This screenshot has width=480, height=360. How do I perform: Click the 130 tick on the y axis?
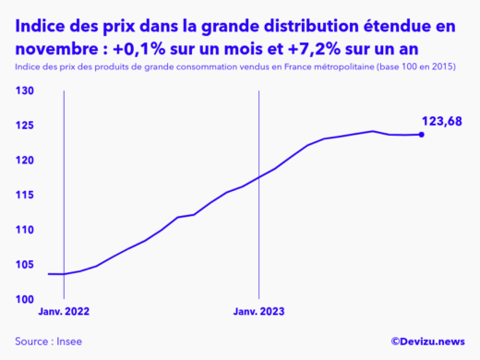(25, 90)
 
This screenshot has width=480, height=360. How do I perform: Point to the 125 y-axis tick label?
(25, 126)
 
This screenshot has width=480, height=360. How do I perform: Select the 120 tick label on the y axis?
(25, 161)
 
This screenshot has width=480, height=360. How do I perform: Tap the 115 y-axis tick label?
(25, 195)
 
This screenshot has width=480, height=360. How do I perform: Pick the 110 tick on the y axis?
(25, 230)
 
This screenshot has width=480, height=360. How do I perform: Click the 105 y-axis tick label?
(25, 265)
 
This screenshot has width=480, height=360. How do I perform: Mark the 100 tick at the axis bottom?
(25, 299)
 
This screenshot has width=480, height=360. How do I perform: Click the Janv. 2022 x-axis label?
(64, 312)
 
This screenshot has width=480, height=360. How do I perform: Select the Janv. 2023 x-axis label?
(259, 312)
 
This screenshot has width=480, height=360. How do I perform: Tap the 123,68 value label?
(441, 121)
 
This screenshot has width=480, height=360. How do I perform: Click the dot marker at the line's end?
(422, 135)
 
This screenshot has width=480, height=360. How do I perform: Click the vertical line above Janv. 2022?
(63, 185)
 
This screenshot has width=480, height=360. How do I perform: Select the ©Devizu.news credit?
(427, 342)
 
